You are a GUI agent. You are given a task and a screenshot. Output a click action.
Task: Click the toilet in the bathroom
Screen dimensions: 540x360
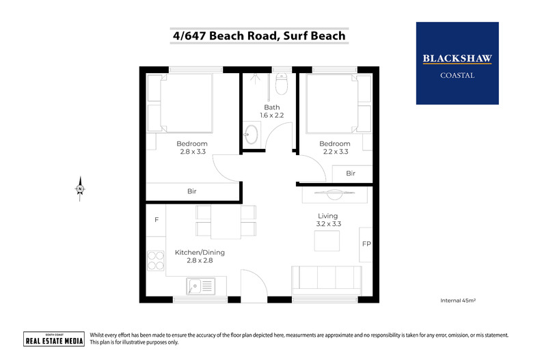pos(282,83)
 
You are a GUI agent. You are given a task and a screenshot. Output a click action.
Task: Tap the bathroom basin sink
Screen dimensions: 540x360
pos(251,134)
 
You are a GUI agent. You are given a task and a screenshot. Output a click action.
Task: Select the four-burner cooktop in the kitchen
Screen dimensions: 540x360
pos(156,260)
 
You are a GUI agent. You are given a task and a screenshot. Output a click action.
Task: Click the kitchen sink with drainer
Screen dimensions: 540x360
pos(201,286)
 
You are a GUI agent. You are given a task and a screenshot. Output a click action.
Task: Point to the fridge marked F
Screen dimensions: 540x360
pos(157,220)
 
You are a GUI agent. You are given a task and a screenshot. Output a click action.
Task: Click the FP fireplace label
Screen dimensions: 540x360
pos(366,244)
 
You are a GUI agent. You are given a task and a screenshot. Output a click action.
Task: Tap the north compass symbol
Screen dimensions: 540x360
pos(80,189)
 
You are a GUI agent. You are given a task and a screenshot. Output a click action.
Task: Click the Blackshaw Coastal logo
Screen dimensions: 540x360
pos(457,64)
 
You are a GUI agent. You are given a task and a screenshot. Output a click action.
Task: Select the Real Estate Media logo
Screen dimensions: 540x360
pos(54,339)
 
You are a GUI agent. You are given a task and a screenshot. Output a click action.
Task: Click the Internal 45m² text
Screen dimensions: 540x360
pos(458,301)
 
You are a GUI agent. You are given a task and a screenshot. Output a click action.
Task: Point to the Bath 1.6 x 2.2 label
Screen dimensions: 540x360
pos(272,111)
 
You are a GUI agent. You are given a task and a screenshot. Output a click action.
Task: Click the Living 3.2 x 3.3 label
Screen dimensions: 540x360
pos(328,219)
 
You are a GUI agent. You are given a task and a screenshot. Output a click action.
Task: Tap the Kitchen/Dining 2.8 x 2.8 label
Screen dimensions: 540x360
pos(200,256)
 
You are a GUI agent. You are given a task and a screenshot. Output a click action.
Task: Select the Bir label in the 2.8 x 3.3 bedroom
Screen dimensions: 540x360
pos(192,191)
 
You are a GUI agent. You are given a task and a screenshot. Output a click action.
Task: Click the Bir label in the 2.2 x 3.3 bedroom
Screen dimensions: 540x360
pos(351,173)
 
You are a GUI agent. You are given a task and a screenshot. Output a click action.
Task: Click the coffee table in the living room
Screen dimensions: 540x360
pos(327,240)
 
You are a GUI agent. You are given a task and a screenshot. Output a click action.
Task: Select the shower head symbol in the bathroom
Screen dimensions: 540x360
pos(255,79)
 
